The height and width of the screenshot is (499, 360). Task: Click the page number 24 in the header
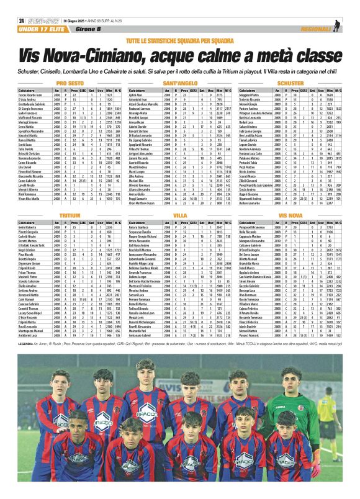click(21, 20)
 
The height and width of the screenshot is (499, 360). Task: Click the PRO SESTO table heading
click(70, 83)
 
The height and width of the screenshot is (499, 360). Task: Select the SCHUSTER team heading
click(290, 83)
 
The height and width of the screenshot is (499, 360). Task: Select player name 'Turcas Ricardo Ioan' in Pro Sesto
click(31, 95)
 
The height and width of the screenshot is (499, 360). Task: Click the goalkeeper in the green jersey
click(292, 397)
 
